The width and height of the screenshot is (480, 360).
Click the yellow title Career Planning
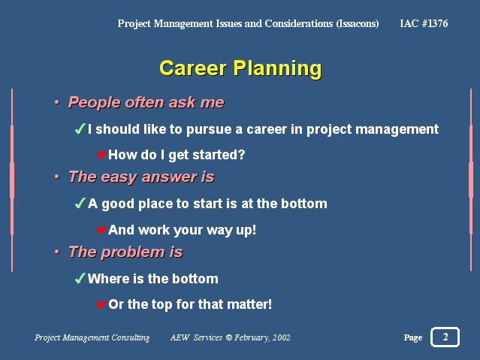point(240,68)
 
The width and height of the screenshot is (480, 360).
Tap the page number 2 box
point(445,337)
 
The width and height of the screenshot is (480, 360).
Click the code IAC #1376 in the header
point(424,23)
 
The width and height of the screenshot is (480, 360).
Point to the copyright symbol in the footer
point(229,337)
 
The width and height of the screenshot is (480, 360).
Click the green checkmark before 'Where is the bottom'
point(80,278)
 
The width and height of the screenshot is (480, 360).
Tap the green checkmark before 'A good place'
point(80,203)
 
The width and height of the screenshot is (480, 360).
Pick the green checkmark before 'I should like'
point(80,129)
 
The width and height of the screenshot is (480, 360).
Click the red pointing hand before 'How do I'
point(101,155)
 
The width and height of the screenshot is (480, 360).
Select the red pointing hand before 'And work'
point(101,230)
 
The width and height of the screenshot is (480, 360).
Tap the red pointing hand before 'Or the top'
point(101,304)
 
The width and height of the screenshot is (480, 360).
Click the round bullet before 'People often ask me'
point(56,102)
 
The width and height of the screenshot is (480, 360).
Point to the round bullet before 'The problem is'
point(56,252)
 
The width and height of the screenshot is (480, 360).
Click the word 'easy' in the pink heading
point(119,177)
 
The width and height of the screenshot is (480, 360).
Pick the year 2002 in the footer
point(282,337)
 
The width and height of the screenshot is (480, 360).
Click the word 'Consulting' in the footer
point(131,337)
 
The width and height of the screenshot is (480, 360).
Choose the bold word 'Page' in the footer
point(413,337)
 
